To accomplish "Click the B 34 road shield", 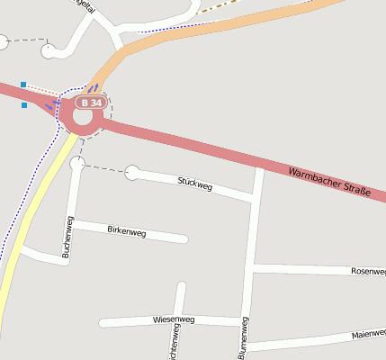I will pos(90,103).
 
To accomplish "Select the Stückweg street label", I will pos(195,184).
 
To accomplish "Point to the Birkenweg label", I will pos(126,231).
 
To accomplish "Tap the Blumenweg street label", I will pos(244,338).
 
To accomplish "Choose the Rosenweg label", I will pos(368,271).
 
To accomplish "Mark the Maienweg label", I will pos(368,334).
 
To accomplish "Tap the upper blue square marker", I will pos(23,85).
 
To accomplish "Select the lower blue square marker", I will pos(23,105).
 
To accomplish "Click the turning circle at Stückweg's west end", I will pos(132,172).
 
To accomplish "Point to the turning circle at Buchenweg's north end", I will pos(76,164).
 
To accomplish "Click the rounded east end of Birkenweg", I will pos(184,239).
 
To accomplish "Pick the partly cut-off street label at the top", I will pos(87,4).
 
